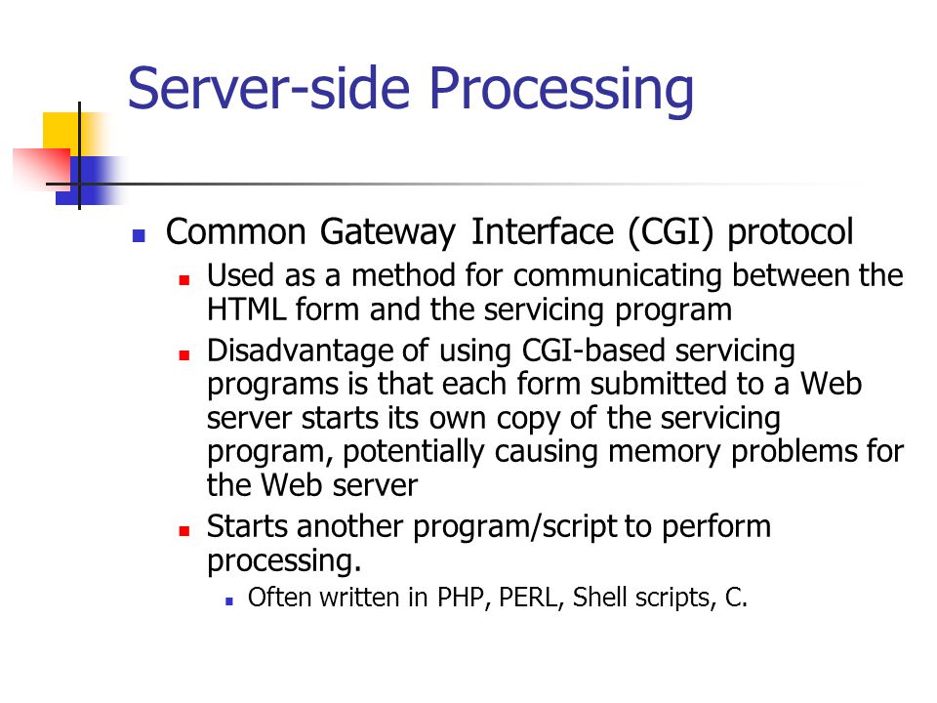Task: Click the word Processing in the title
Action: pos(561,91)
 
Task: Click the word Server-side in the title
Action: pos(269,88)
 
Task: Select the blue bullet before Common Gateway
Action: pos(139,235)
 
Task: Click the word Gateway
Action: pos(387,233)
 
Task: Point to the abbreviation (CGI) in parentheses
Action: pos(671,232)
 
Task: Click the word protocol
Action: pos(790,233)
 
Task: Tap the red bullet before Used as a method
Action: pos(184,279)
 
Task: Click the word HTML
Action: pos(246,310)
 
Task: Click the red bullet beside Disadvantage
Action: pos(184,355)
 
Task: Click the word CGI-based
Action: pos(592,351)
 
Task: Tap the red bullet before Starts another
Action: pos(184,530)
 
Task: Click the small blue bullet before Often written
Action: pos(228,602)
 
